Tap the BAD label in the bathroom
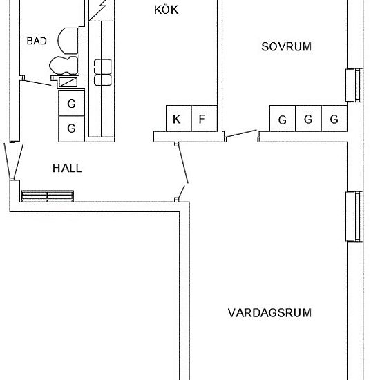36,41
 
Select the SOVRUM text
286,47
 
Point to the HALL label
67,168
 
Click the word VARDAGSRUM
269,313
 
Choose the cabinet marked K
177,119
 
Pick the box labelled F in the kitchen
202,119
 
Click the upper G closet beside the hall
70,104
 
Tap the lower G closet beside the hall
70,128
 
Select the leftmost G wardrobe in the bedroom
282,120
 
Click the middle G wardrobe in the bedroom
308,120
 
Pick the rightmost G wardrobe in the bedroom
334,120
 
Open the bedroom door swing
242,133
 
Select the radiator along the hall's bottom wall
46,196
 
